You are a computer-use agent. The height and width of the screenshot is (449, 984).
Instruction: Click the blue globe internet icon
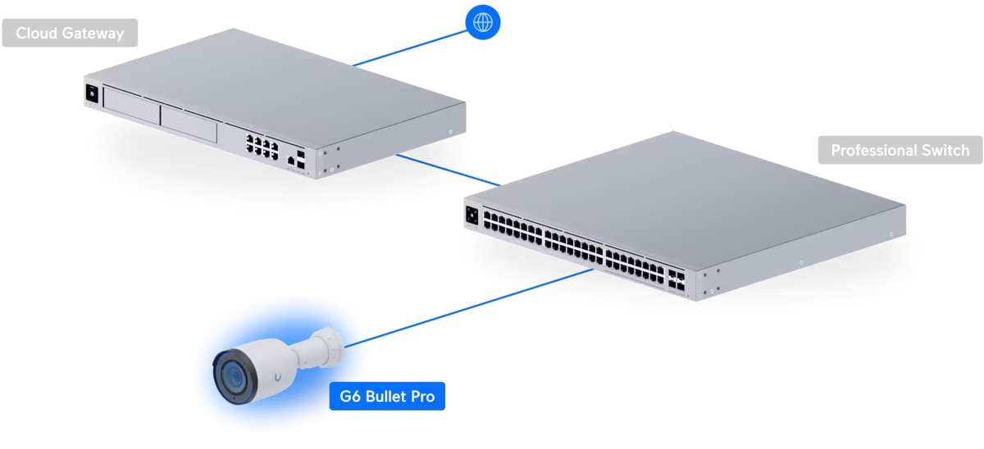(x=482, y=22)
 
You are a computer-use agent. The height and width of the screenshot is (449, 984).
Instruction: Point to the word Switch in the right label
(x=944, y=151)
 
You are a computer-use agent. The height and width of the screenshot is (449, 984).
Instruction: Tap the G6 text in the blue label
(x=350, y=398)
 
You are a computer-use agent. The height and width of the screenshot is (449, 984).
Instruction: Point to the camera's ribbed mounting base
(x=328, y=343)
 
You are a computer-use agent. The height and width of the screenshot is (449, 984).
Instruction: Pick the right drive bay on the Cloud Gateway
(x=189, y=124)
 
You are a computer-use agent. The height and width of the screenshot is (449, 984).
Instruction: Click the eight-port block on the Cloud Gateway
(x=261, y=147)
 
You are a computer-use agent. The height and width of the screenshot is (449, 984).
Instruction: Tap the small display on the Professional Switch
(x=473, y=215)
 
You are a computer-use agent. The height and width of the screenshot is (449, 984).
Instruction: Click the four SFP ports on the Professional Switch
(x=678, y=279)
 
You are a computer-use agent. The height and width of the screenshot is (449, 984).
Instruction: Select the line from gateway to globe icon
(x=410, y=47)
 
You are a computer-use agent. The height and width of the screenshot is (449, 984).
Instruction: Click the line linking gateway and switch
(x=448, y=170)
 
